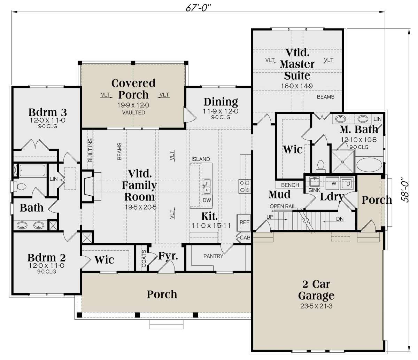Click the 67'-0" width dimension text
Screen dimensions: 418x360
(198, 8)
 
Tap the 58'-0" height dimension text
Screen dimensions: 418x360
(405, 190)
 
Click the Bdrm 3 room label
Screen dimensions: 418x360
(47, 112)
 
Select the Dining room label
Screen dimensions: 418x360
(221, 102)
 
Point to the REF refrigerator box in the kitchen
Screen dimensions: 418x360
(244, 222)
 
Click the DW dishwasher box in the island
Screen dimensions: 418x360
(207, 200)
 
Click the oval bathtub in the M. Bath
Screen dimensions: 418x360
(369, 165)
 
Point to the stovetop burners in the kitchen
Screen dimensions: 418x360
(245, 186)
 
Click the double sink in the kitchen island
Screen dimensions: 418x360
(207, 186)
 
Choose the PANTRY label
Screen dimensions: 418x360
(213, 256)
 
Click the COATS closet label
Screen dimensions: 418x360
(144, 259)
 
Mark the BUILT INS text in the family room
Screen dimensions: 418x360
(90, 150)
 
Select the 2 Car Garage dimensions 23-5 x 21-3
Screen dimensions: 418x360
(316, 306)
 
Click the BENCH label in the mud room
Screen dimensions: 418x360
(290, 185)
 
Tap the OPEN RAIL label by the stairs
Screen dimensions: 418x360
(283, 206)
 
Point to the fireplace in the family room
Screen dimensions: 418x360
(88, 186)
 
